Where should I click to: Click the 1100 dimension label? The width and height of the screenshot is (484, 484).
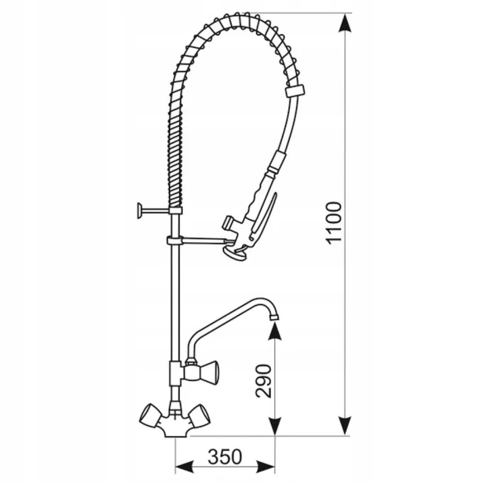pos(334,223)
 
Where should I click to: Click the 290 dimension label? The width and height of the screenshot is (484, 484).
pos(264,381)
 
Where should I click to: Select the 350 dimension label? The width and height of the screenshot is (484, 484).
pos(225,456)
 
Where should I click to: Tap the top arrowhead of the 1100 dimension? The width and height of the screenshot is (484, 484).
pos(345,23)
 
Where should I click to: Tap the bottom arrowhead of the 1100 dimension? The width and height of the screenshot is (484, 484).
pos(345,426)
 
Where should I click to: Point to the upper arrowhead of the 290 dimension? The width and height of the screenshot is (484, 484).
pos(275,332)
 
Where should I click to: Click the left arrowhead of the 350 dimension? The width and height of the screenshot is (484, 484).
pos(185,467)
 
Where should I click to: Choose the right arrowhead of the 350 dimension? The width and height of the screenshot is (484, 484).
pos(266,467)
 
